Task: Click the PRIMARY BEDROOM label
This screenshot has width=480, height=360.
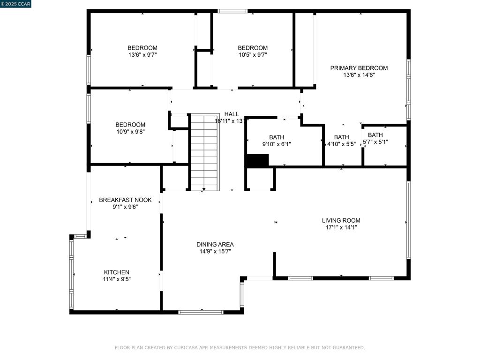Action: coord(359,68)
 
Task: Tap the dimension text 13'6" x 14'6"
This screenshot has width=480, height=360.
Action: coord(359,75)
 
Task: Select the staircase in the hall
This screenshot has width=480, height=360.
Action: coord(205,152)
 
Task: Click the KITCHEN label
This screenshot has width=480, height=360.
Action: coord(116,272)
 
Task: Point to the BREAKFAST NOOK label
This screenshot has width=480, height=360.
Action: coord(125,200)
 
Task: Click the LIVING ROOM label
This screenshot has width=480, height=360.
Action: coord(341,220)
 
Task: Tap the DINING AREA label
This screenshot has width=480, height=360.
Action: coord(215,244)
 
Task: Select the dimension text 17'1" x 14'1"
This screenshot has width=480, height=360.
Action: coord(341,227)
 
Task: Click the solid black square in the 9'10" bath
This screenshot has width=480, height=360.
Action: coord(257,160)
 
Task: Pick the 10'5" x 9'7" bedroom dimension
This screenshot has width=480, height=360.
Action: coord(253,54)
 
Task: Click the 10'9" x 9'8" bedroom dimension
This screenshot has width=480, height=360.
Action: coord(130,132)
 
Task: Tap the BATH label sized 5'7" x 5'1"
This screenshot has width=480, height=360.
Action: coord(375,135)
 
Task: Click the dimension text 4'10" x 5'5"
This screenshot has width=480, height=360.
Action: coord(341,144)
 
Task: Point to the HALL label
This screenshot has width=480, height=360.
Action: coord(231,114)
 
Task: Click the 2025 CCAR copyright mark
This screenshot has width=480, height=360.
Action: coord(16,4)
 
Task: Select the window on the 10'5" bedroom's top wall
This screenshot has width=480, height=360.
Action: coord(232,11)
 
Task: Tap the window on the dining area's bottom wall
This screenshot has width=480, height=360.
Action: coord(201,312)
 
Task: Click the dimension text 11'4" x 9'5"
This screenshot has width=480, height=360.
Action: coord(116,279)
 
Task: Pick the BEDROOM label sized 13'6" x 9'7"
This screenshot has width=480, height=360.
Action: coord(142,48)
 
